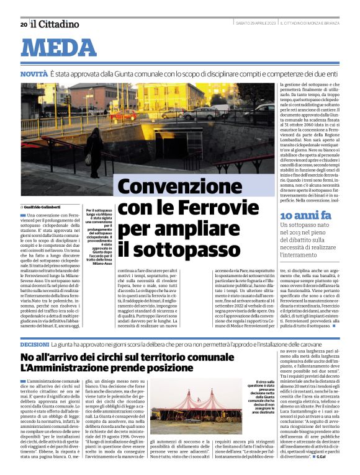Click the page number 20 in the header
[x=23, y=24]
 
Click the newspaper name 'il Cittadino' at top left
[x=55, y=24]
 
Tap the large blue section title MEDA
[x=62, y=48]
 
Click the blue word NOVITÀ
[x=34, y=74]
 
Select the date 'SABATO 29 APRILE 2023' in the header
[x=256, y=24]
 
